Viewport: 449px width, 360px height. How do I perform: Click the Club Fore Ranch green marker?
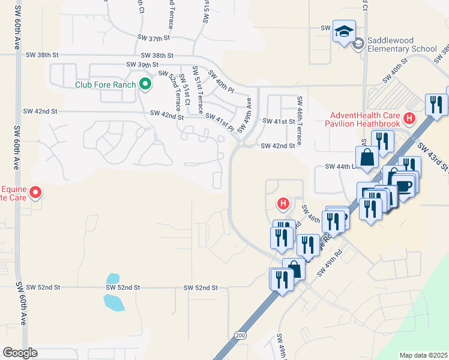click(145, 85)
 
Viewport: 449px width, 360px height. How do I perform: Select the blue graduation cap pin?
click(345, 32)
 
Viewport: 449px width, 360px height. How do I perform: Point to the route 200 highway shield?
click(241, 335)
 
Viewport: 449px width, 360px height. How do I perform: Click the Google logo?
click(20, 352)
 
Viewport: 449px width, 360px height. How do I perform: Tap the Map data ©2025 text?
click(423, 355)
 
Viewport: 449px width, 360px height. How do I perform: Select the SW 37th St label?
click(154, 38)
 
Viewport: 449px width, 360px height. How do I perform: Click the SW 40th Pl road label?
click(221, 81)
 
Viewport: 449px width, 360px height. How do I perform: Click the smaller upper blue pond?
click(112, 278)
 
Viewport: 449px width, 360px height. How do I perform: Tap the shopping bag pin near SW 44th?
click(367, 157)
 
